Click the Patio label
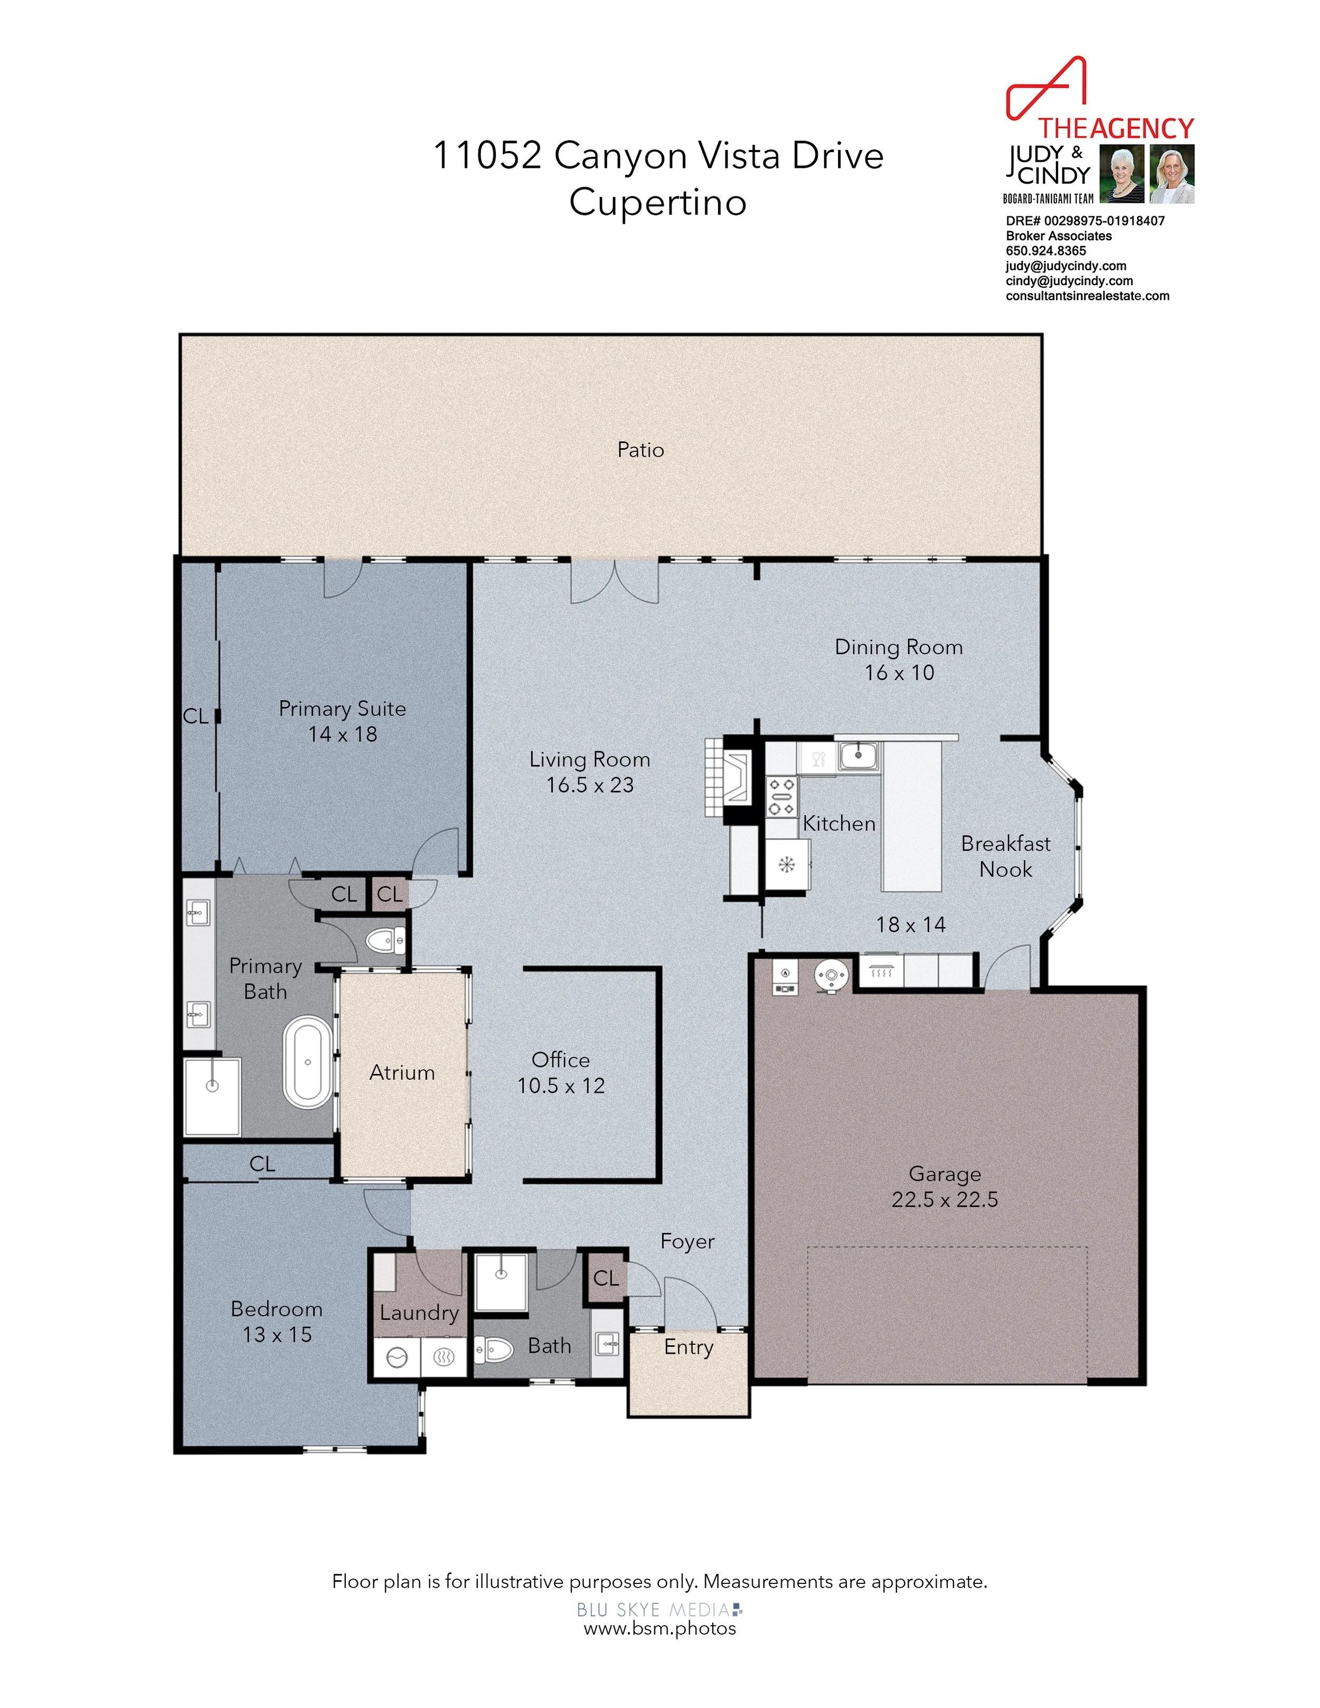click(x=640, y=450)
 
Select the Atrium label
click(x=402, y=1072)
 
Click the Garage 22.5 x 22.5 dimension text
click(x=945, y=1200)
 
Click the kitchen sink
click(x=859, y=756)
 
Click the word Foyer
click(x=687, y=1242)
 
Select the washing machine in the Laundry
click(x=397, y=1357)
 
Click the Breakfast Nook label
click(x=1006, y=856)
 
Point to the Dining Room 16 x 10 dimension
click(x=899, y=673)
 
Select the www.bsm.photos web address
click(x=660, y=1628)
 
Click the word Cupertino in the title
click(x=658, y=203)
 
